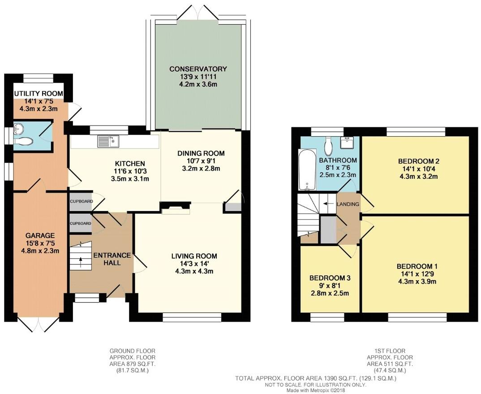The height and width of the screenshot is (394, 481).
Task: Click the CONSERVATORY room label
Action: pyautogui.click(x=198, y=69)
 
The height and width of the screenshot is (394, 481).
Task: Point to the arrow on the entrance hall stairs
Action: pyautogui.click(x=80, y=259)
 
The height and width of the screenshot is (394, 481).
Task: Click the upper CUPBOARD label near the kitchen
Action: pyautogui.click(x=81, y=201)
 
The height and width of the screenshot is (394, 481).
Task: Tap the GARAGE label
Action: pyautogui.click(x=40, y=235)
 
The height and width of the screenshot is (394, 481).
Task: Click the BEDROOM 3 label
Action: pyautogui.click(x=330, y=278)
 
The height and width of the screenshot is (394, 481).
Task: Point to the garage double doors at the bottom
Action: pyautogui.click(x=39, y=325)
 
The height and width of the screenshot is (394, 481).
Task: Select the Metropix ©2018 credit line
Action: pyautogui.click(x=315, y=390)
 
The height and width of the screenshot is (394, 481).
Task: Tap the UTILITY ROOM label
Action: pyautogui.click(x=38, y=94)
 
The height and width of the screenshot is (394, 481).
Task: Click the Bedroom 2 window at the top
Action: pyautogui.click(x=416, y=131)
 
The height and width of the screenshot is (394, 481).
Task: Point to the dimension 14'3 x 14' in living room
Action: pyautogui.click(x=194, y=264)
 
